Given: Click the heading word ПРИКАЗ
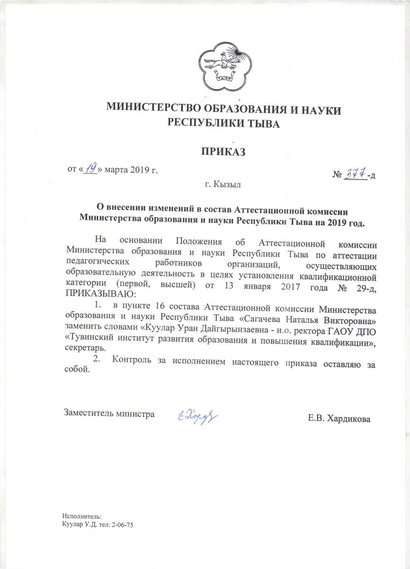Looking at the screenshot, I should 223,152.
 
